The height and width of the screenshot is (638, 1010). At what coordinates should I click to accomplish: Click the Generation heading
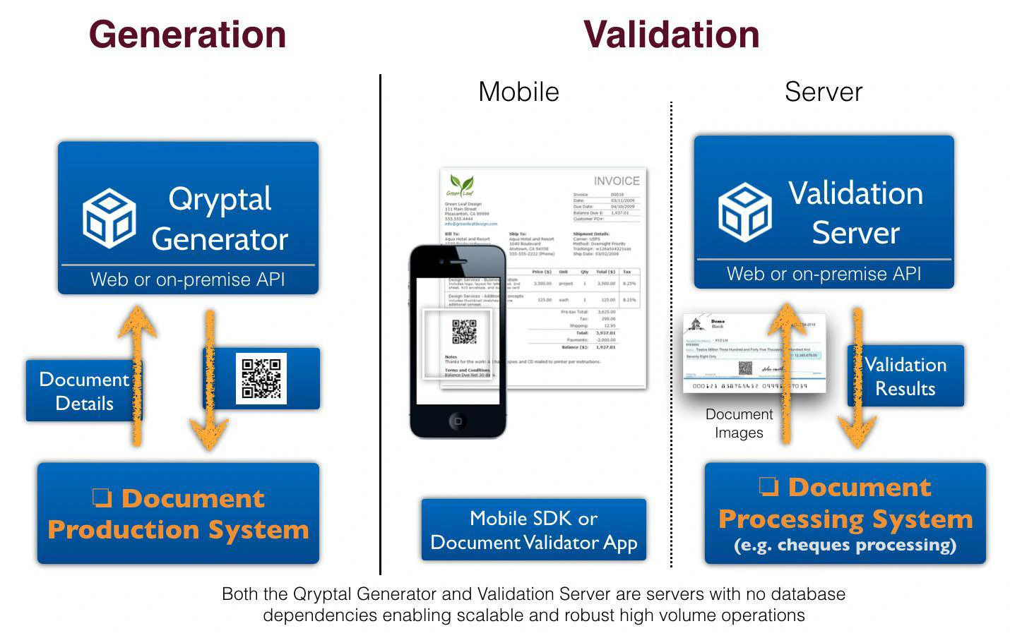(x=187, y=35)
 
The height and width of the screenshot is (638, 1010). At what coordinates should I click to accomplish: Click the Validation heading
(x=671, y=35)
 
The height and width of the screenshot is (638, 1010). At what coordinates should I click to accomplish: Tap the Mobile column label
(x=518, y=92)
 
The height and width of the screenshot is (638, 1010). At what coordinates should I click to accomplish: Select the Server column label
(x=824, y=92)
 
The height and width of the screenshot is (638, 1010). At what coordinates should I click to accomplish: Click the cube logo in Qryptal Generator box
(x=109, y=218)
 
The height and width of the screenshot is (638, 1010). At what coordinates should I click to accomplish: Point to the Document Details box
(x=83, y=391)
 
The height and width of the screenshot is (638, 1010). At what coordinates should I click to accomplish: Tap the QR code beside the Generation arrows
(x=261, y=378)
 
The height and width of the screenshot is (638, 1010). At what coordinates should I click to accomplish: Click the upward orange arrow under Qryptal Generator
(x=137, y=374)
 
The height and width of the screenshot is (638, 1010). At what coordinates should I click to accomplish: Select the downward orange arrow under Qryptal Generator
(x=209, y=381)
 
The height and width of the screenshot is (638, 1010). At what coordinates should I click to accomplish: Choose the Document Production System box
(x=178, y=514)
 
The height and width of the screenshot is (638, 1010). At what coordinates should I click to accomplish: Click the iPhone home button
(x=458, y=421)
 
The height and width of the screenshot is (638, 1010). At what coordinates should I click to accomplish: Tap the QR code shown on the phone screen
(x=464, y=332)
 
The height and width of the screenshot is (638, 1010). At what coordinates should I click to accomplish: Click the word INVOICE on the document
(x=616, y=181)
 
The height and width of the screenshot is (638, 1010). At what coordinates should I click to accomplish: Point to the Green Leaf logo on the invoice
(x=461, y=186)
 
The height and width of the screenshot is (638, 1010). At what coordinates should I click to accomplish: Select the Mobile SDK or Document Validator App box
(x=533, y=530)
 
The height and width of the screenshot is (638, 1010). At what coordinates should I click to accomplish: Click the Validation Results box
(x=905, y=376)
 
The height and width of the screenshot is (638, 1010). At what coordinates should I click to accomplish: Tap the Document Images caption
(x=739, y=423)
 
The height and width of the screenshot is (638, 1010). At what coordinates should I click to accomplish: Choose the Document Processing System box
(x=845, y=514)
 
